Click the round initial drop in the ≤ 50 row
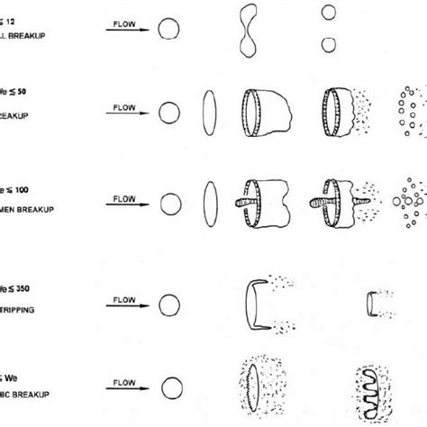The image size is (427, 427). point(167,113)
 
